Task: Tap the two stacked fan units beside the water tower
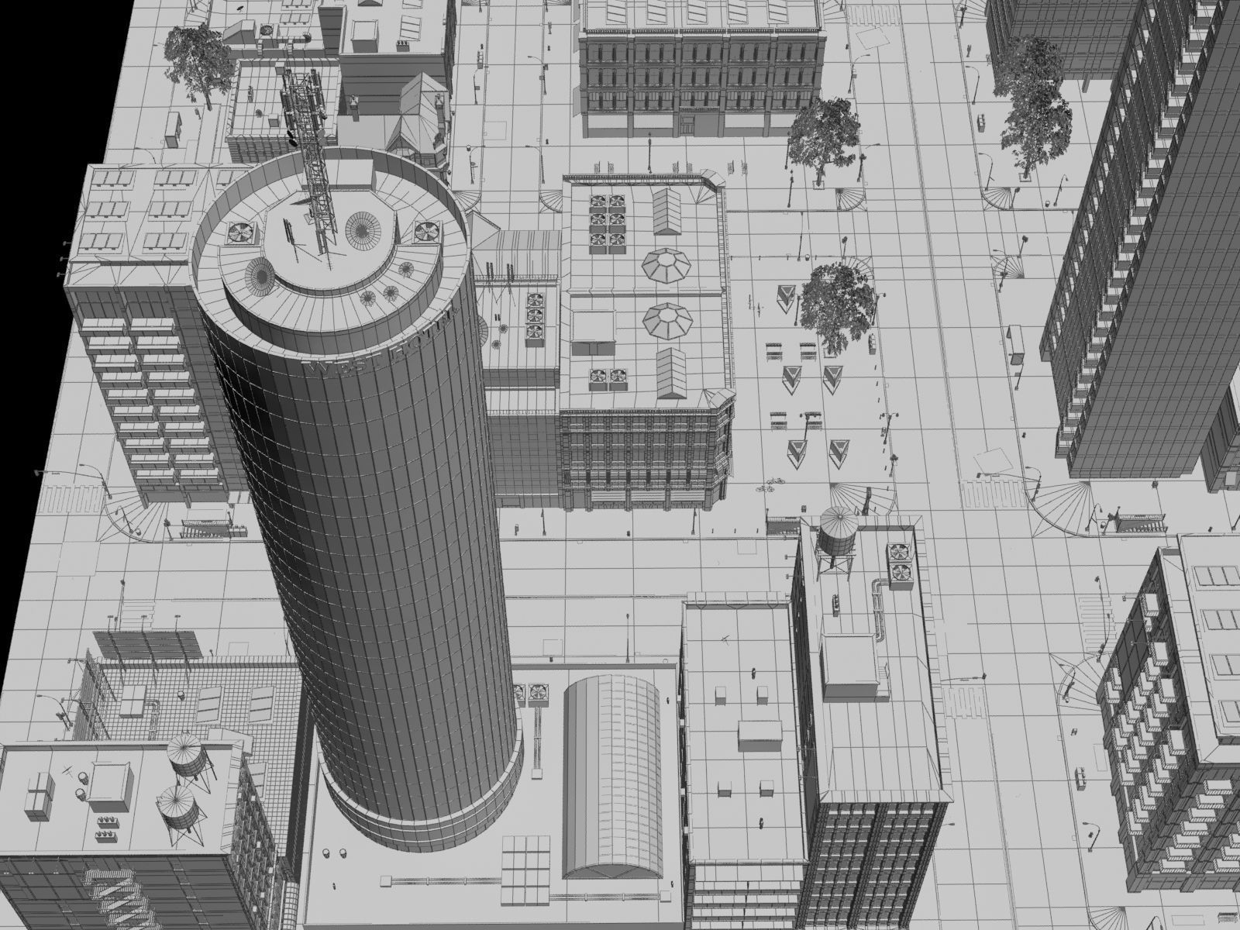coord(899,562)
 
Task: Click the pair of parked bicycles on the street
coord(770,486)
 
